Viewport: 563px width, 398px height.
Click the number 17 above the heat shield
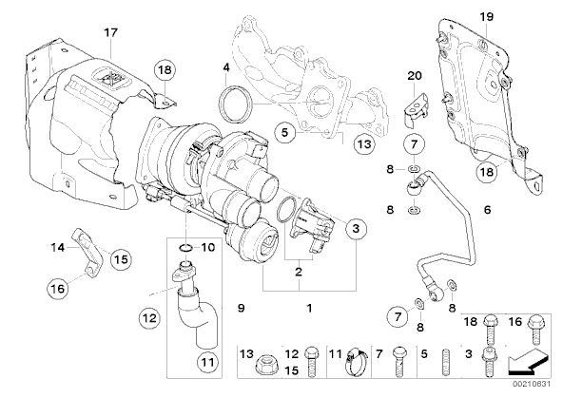[x=111, y=32]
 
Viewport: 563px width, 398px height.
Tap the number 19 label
[x=487, y=16]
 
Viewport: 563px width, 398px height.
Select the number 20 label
[x=415, y=76]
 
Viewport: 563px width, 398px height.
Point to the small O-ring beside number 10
[x=185, y=248]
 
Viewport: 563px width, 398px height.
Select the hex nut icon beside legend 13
[x=264, y=366]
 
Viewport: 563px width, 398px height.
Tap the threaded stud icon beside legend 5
[x=446, y=362]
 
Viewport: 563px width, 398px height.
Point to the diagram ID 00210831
[x=531, y=384]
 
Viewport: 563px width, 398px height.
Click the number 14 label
[x=58, y=247]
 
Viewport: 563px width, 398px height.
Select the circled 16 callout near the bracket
[x=58, y=288]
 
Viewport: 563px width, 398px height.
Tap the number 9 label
[x=242, y=308]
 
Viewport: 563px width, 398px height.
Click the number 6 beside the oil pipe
[x=487, y=209]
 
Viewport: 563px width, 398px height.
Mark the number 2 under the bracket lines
[x=299, y=272]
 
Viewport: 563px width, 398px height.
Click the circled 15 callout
[x=121, y=259]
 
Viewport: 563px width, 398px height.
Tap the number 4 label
[x=225, y=67]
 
